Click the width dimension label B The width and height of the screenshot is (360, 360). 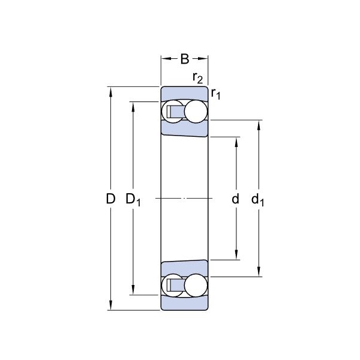point(185,59)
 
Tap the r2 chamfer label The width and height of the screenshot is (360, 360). point(197,78)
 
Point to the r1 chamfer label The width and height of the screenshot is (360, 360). point(215,94)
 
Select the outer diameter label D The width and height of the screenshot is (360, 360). point(110,199)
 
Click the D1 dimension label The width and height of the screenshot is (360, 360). point(133,200)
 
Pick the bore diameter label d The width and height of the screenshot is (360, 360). point(236,199)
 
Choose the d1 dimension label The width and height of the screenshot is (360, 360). point(257,200)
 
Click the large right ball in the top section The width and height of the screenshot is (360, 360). point(196,112)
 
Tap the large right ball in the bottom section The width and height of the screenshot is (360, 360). point(196,286)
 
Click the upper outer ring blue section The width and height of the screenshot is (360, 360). point(184,94)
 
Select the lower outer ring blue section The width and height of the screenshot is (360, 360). point(184,303)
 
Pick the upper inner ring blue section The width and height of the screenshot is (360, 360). point(184,128)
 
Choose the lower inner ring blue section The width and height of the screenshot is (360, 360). point(184,269)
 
